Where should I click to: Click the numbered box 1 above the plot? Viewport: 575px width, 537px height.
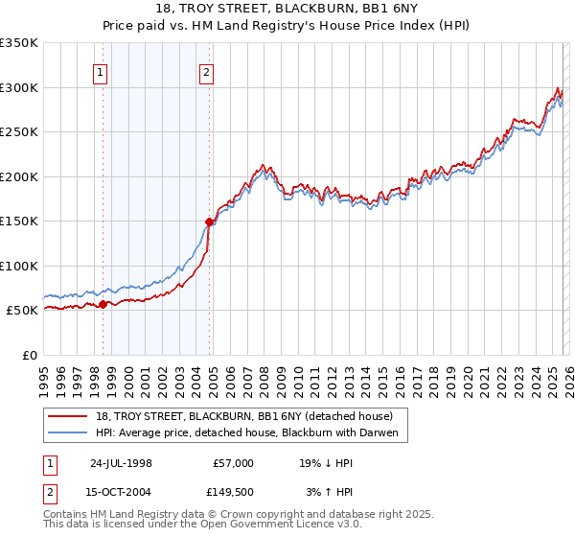[102, 70]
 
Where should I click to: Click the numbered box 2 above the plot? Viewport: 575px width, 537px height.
[207, 70]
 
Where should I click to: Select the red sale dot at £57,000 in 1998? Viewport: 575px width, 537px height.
[103, 305]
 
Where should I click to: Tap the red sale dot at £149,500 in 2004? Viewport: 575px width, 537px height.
[209, 222]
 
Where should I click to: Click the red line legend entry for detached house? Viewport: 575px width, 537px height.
[243, 416]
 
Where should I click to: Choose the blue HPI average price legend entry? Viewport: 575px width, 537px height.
[251, 433]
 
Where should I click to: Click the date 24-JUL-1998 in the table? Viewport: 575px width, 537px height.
[121, 462]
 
